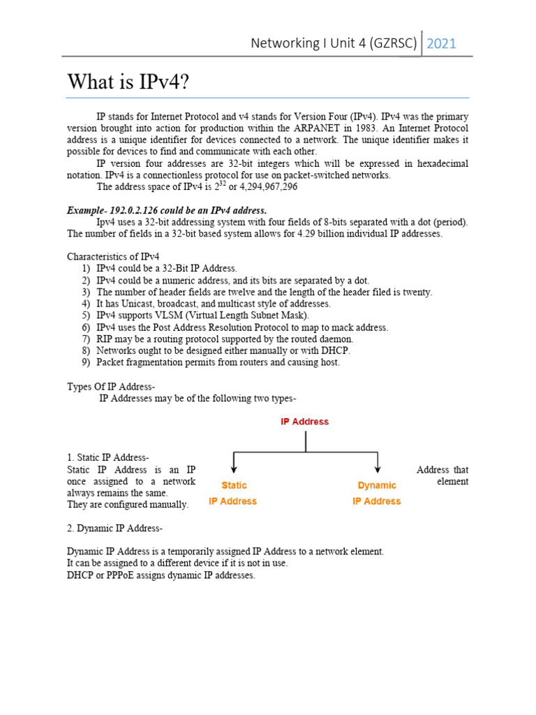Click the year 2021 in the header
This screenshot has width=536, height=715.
click(441, 44)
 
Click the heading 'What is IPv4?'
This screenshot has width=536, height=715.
click(128, 82)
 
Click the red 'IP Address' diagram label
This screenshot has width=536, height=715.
click(304, 422)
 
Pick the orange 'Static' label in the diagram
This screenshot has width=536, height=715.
click(234, 485)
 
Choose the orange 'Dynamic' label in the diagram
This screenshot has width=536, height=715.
click(377, 485)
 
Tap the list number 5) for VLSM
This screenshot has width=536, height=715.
click(85, 316)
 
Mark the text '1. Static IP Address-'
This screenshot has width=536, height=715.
click(107, 457)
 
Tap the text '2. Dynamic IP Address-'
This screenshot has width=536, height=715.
click(114, 528)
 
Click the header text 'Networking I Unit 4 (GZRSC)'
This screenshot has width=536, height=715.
click(334, 44)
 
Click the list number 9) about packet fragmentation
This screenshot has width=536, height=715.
click(85, 362)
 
